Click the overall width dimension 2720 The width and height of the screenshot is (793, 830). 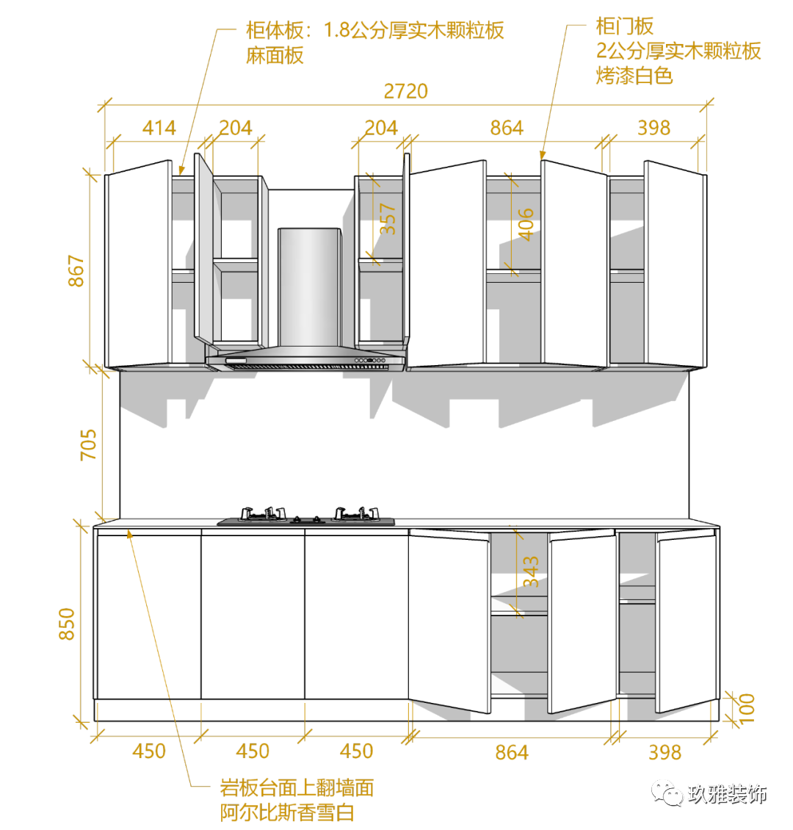405,91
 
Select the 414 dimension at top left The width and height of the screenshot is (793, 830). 159,128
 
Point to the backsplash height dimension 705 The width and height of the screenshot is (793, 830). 88,445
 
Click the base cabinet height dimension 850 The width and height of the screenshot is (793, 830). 68,624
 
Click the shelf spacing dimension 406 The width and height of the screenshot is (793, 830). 526,224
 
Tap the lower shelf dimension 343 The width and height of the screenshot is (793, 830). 530,571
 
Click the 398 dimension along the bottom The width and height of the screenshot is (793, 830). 665,752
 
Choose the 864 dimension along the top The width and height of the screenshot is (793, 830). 507,128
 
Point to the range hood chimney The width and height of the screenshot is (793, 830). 309,286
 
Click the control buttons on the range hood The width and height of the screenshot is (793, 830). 371,360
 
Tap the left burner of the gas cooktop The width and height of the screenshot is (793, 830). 261,513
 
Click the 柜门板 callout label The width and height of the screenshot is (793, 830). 624,28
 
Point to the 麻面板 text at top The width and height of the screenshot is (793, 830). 275,56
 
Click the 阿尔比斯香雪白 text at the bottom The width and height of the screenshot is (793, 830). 287,812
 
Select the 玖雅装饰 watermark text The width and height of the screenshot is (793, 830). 727,794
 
